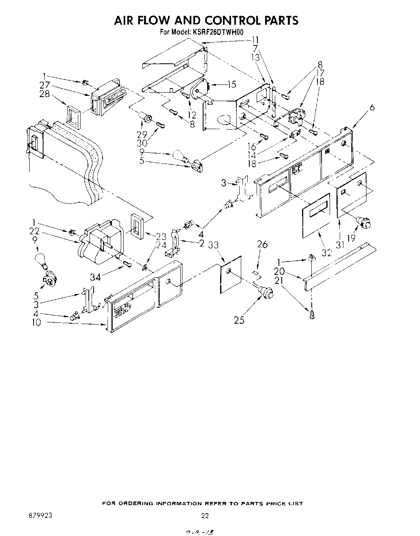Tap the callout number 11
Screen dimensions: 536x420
point(255,40)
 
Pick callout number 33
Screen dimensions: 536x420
point(213,245)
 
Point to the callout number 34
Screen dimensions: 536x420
point(96,277)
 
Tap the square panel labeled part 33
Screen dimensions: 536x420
point(230,274)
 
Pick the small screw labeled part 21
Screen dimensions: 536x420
point(311,315)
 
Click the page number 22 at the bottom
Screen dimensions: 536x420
point(205,516)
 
